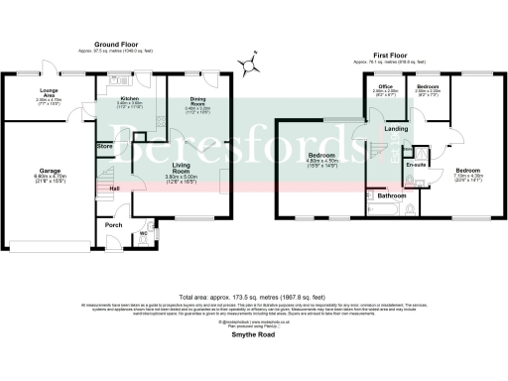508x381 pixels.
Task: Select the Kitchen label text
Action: [129, 99]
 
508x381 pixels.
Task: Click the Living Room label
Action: [181, 168]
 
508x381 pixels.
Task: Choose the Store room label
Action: [104, 147]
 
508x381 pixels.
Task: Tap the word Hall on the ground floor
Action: [114, 189]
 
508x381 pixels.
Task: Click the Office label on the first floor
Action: [385, 89]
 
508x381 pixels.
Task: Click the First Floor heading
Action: [392, 56]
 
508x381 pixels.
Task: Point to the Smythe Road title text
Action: [252, 336]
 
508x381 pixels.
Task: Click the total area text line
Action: [252, 297]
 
